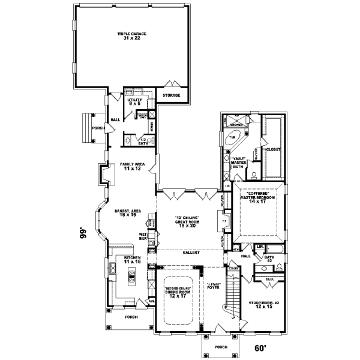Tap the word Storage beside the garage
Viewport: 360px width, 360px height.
point(171,95)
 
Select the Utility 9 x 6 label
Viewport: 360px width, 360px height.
point(134,102)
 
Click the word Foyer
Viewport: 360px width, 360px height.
point(214,286)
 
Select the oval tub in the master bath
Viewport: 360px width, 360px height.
point(235,136)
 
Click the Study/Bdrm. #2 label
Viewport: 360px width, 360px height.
point(264,305)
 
